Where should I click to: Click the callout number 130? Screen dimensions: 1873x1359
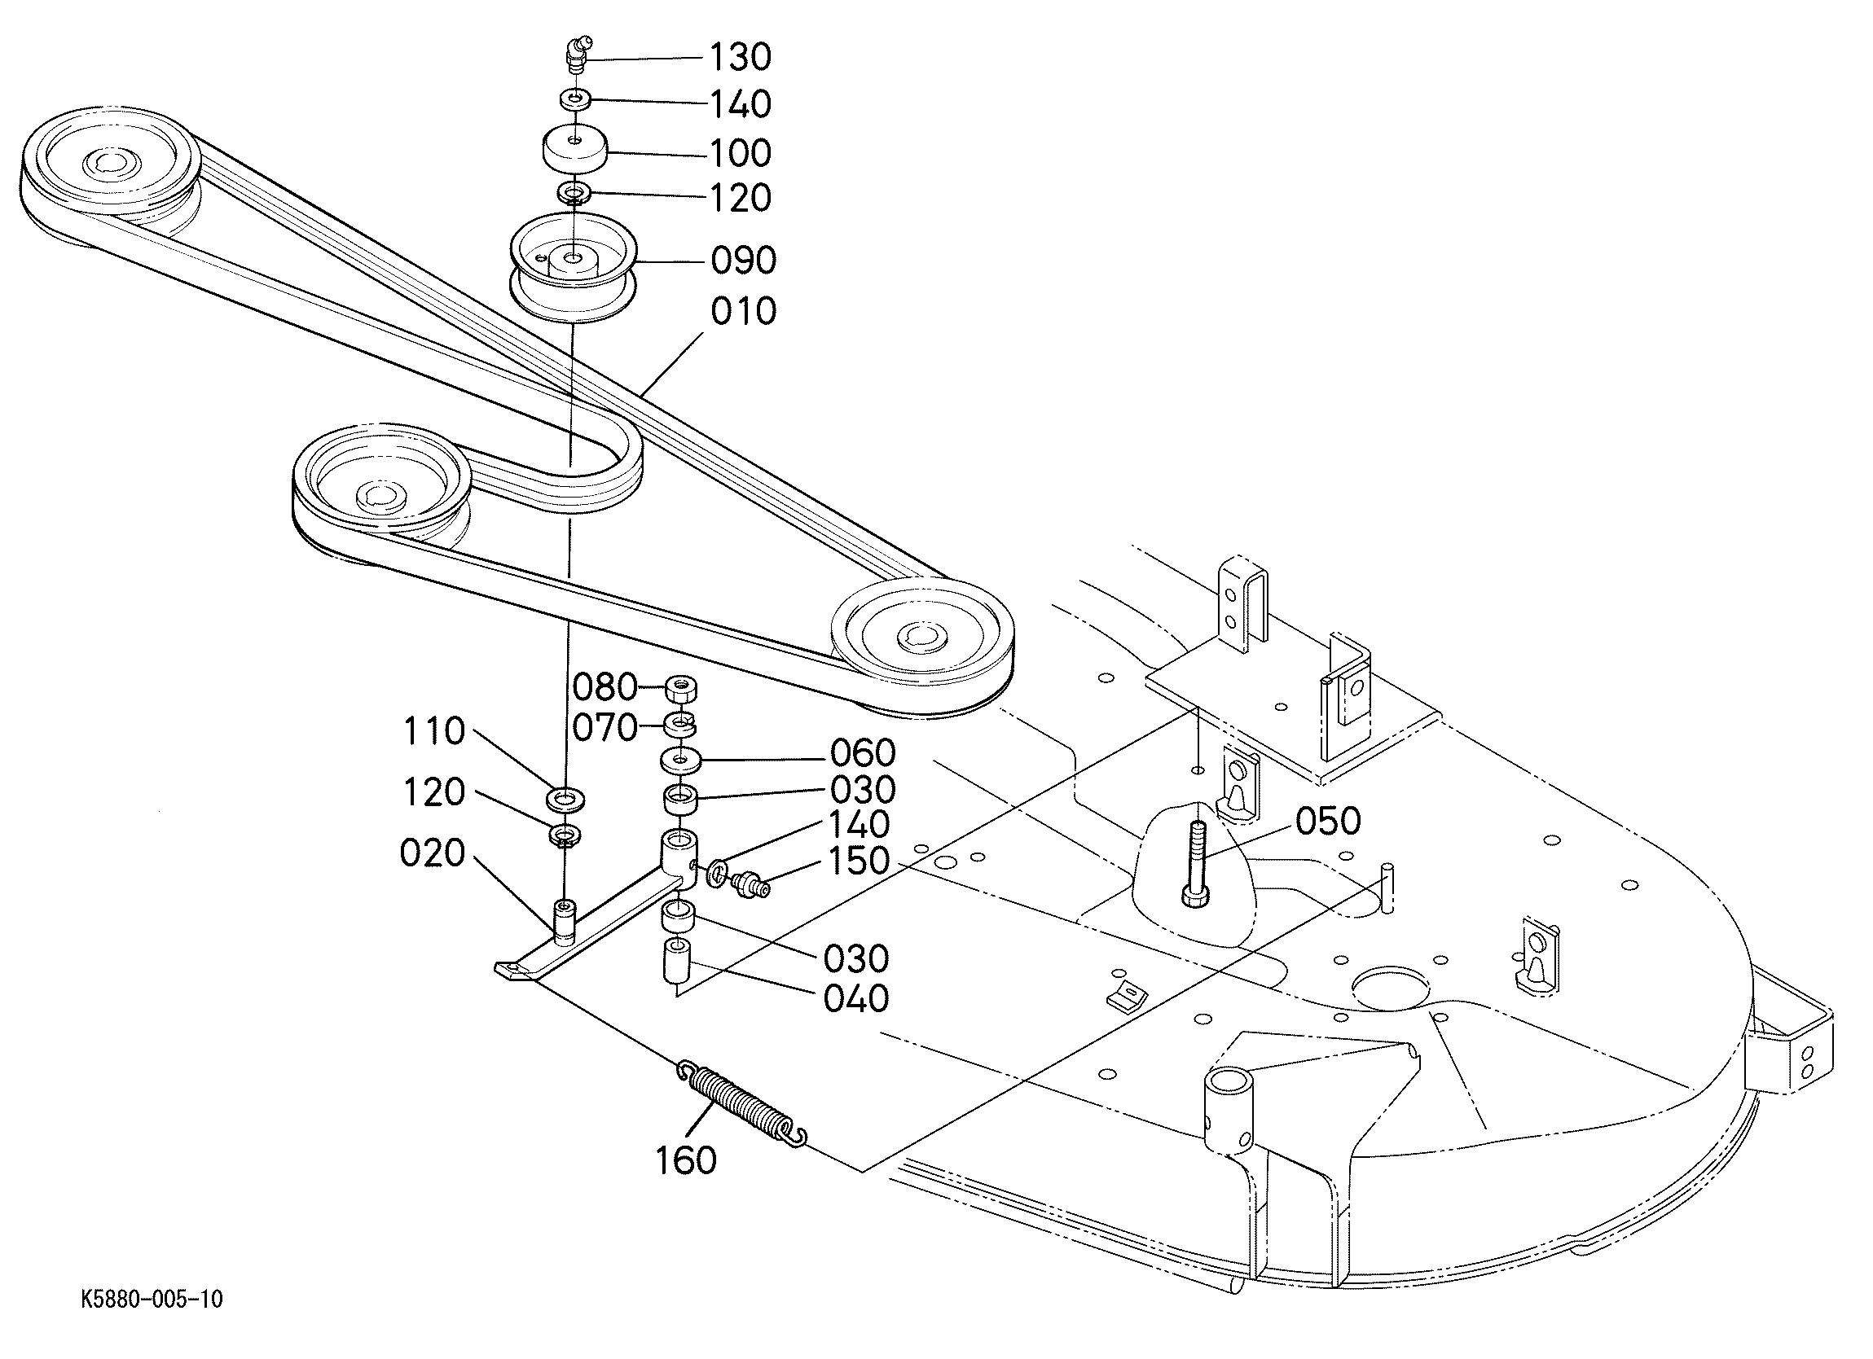[741, 58]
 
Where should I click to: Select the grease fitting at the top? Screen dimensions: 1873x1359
[575, 55]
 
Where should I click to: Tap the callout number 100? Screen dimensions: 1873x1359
[741, 154]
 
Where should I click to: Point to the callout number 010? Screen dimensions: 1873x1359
[743, 312]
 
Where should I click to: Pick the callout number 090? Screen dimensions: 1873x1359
[743, 261]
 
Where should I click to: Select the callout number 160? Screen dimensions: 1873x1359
[686, 1160]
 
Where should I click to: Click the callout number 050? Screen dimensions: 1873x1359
[1328, 822]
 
